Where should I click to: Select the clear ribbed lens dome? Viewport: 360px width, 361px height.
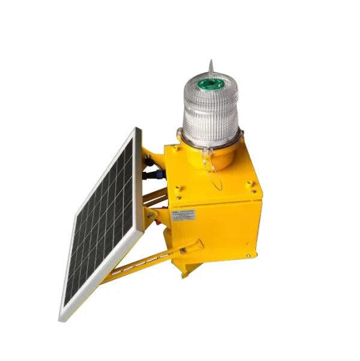pos(210,111)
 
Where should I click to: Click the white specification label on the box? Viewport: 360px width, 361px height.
pos(184,214)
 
